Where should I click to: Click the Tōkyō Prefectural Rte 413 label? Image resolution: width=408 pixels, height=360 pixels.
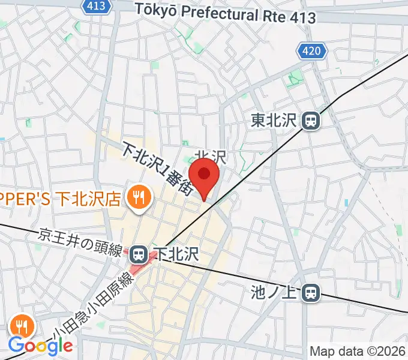[x=225, y=13]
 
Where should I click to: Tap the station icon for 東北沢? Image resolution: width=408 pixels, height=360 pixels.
[x=311, y=121]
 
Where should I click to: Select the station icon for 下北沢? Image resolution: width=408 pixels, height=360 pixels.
[x=139, y=254]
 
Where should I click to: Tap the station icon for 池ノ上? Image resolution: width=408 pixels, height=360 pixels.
[x=311, y=293]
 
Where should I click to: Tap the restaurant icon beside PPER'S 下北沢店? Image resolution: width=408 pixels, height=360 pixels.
[x=139, y=197]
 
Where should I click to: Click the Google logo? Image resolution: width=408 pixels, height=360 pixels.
[x=41, y=346]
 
